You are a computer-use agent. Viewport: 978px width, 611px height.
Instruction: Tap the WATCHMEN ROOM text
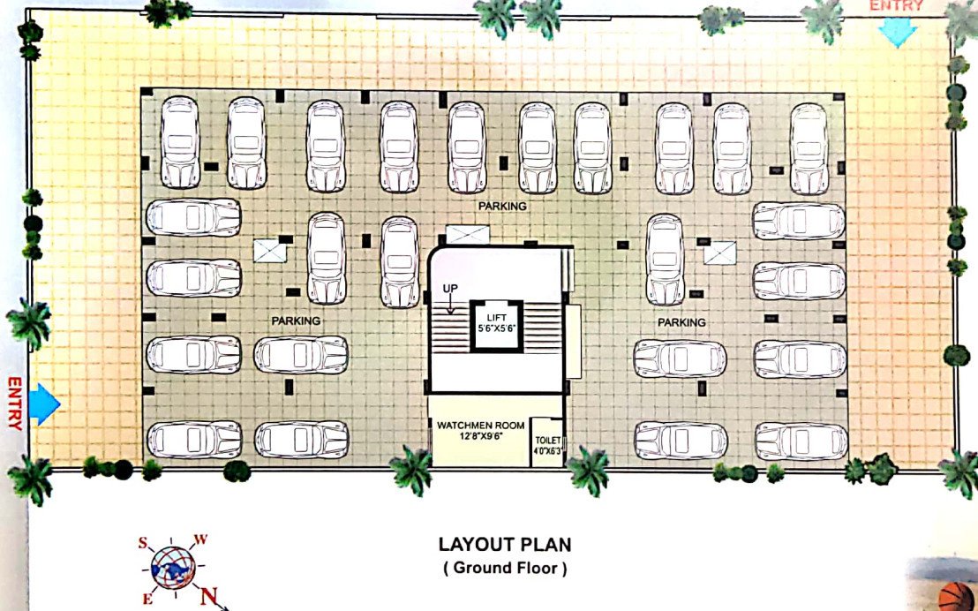tap(480, 425)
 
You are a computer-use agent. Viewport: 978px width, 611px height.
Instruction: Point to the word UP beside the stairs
tap(451, 289)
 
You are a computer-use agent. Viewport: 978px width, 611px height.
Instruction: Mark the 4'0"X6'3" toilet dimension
tap(547, 451)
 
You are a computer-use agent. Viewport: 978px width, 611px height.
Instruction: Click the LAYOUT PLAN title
tap(505, 545)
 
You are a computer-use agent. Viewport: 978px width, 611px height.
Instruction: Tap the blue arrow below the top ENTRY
tap(899, 34)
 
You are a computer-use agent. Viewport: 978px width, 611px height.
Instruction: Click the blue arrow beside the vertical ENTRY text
tap(43, 404)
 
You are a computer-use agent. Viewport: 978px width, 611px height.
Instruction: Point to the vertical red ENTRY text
tap(13, 404)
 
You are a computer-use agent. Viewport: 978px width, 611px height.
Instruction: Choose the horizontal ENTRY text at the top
tap(897, 6)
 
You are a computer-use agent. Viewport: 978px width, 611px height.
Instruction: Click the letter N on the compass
tap(209, 597)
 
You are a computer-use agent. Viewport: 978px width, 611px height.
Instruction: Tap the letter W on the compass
tap(200, 539)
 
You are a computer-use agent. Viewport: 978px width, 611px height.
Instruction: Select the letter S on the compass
tap(142, 543)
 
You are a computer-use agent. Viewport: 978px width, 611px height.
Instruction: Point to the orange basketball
tap(955, 599)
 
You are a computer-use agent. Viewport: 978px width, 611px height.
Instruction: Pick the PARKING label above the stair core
tap(502, 206)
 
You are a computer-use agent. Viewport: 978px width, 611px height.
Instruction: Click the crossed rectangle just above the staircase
tap(466, 235)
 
